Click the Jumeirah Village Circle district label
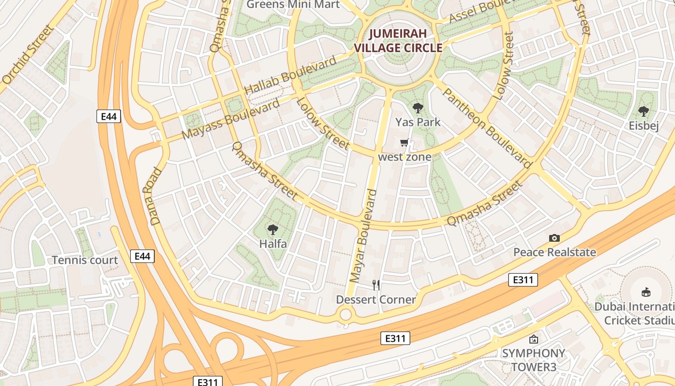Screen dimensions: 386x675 coord(398,41)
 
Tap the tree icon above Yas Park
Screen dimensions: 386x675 coord(418,108)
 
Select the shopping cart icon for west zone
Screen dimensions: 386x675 coord(405,143)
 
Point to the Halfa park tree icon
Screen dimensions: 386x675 coord(273,229)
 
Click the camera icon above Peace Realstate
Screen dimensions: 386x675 coord(554,238)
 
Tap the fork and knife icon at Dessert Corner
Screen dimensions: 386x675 coord(376,285)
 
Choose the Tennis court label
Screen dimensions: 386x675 coord(85,260)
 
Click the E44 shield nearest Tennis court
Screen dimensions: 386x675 coord(142,256)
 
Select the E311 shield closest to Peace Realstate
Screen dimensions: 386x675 coord(523,280)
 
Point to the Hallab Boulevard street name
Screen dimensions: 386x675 coord(290,76)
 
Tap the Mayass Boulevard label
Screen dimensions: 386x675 coord(231,119)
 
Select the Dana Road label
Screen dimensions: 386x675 coord(156,196)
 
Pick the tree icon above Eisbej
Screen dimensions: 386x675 coord(643,111)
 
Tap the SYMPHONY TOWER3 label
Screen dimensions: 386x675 coord(533,360)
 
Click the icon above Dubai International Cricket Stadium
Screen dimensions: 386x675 coord(646,292)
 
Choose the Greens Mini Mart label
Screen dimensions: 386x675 coord(293,5)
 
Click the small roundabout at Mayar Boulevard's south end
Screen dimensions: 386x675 coord(345,315)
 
